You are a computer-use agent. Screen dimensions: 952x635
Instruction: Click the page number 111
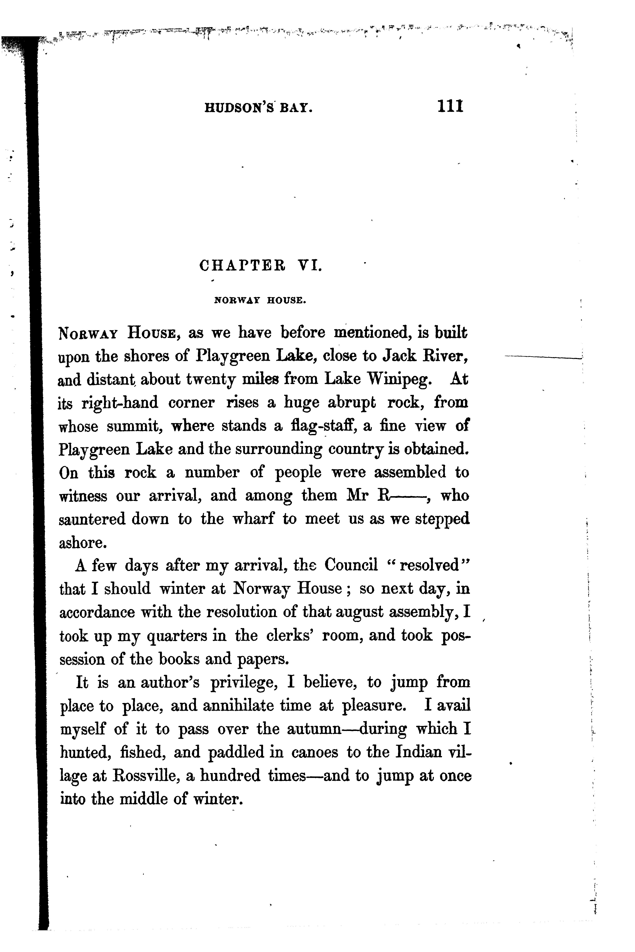[450, 106]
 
